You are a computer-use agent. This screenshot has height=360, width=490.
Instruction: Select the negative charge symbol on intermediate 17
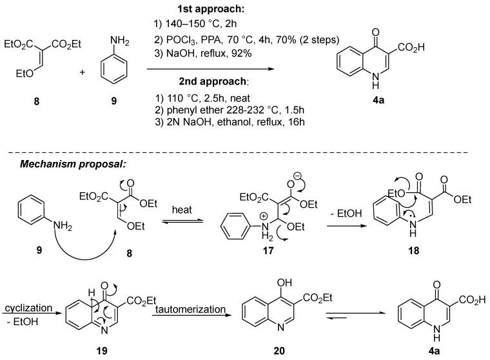(x=308, y=174)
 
